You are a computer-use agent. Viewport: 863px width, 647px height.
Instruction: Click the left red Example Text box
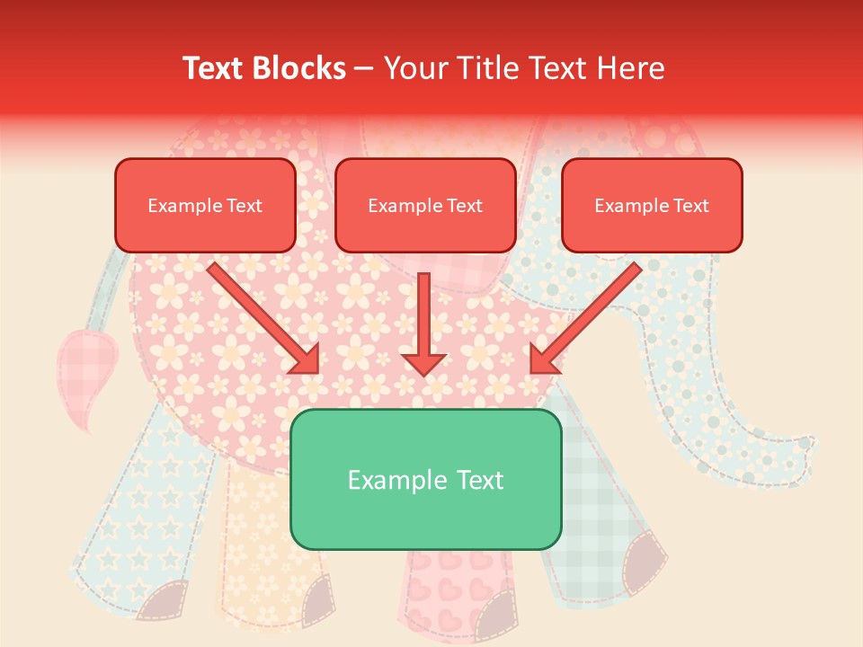tap(205, 205)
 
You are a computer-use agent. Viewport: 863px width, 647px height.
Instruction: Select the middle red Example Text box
tap(425, 205)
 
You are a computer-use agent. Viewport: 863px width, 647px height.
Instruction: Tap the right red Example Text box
tap(652, 205)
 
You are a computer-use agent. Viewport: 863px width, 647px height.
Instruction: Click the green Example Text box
tap(425, 479)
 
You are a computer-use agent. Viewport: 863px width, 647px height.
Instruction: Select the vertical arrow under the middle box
tap(424, 315)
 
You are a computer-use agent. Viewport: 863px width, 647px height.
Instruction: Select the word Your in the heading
tap(413, 68)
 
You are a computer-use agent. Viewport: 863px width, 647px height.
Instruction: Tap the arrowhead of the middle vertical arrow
tap(424, 362)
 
